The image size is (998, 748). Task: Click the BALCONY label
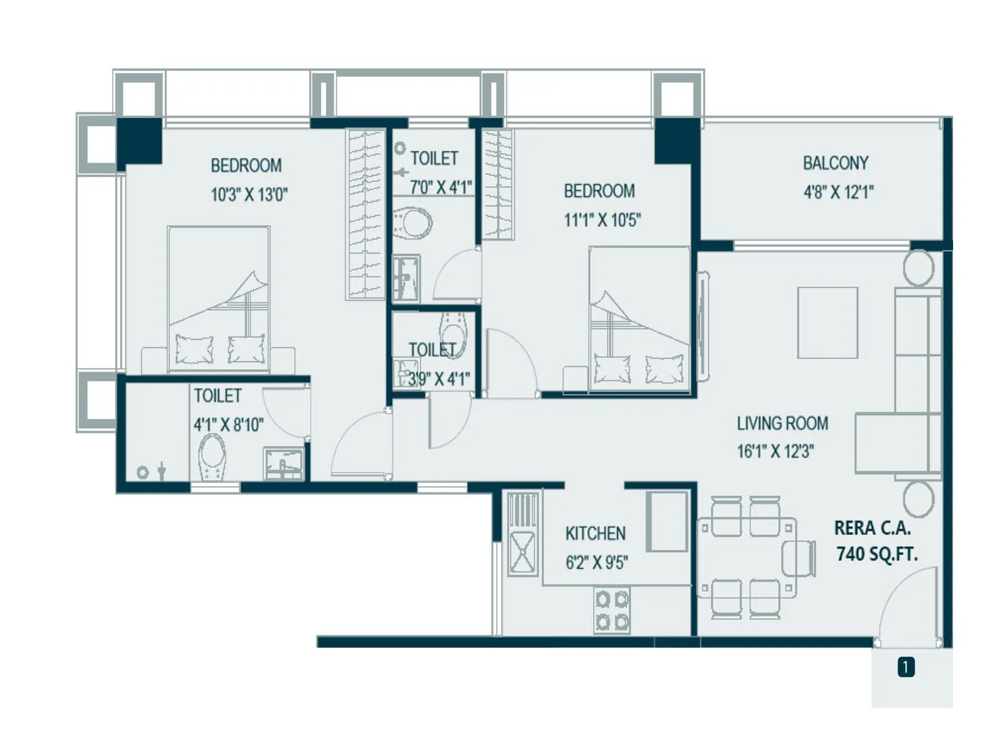pos(835,163)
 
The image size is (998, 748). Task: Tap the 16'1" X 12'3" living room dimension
pos(775,451)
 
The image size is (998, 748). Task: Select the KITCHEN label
pos(595,534)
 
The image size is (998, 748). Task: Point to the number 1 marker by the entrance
pos(906,668)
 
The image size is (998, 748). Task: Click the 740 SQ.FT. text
pos(877,554)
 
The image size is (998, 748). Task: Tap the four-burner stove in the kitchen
pos(612,611)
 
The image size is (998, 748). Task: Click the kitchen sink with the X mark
pos(523,552)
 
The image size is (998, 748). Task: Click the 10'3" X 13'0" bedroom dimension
pos(249,194)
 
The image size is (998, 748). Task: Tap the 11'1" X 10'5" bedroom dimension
pos(602,220)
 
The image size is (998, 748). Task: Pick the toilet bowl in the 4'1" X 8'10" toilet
pos(212,456)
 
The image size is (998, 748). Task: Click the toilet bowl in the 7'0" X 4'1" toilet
pos(412,223)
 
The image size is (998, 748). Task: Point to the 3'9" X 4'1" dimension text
pos(438,378)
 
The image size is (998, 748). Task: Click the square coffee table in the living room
pos(828,322)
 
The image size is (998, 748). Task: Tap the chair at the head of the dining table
pos(800,558)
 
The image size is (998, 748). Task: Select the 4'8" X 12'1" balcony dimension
pos(838,192)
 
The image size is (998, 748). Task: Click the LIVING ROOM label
pos(782,424)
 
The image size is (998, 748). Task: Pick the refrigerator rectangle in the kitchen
pos(667,521)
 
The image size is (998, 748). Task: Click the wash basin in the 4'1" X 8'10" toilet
pos(284,463)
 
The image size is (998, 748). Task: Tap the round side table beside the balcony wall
pos(918,268)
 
